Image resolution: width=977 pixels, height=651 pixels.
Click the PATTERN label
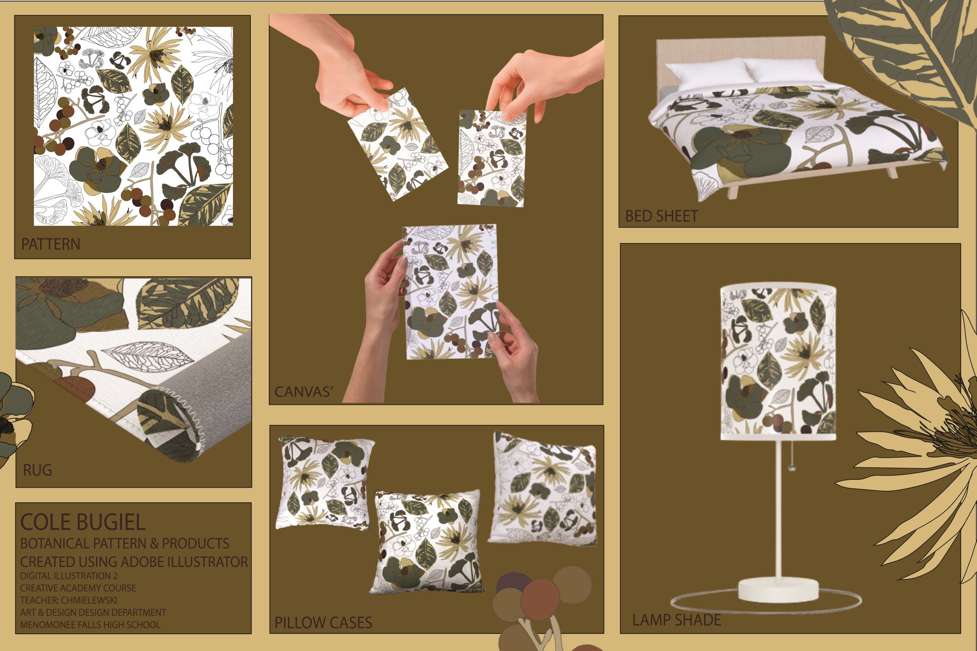(51, 244)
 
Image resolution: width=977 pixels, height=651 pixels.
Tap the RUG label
(38, 470)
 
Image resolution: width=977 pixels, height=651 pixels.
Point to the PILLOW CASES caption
(323, 622)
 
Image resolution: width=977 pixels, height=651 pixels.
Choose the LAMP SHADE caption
(676, 620)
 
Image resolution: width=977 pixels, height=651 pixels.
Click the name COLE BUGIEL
(83, 522)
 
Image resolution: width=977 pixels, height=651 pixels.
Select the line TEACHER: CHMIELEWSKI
(69, 600)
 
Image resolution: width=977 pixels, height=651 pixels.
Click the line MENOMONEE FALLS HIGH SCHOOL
(90, 624)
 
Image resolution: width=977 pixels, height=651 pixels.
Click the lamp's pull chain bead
(793, 467)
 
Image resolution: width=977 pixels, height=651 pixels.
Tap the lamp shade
(778, 363)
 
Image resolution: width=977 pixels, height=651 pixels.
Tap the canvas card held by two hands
(451, 292)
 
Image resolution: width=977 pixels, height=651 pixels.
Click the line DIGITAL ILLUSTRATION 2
(69, 576)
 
